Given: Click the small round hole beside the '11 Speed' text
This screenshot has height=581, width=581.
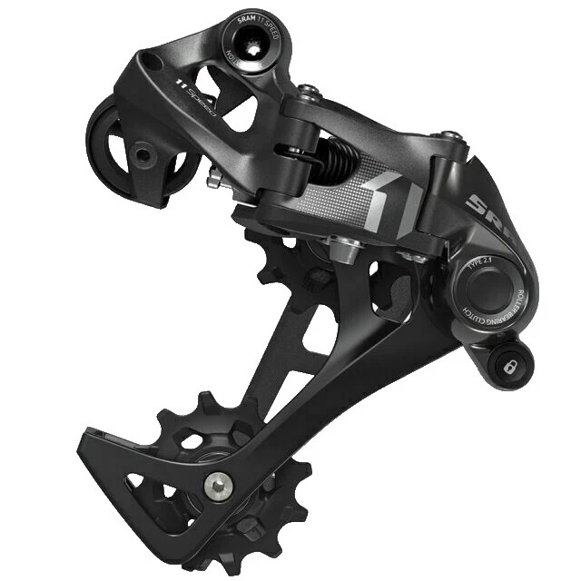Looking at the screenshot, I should click(150, 64).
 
